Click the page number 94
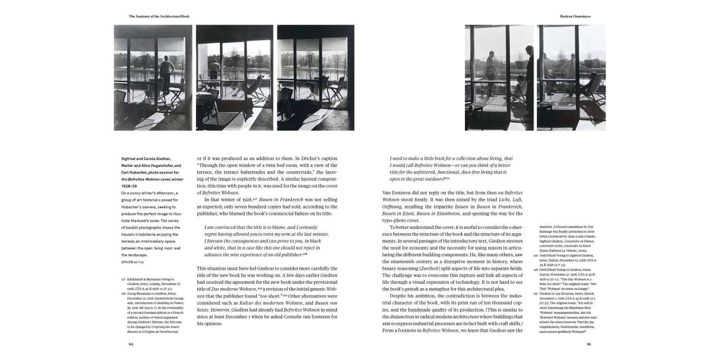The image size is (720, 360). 131,344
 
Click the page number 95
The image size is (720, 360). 589,344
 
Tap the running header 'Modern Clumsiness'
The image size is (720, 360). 575,16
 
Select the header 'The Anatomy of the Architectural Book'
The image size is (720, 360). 159,16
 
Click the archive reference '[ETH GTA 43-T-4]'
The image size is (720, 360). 132,262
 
